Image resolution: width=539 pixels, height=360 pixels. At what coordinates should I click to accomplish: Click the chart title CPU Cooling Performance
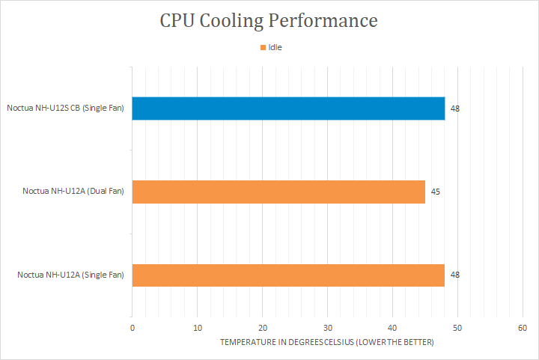[x=269, y=21]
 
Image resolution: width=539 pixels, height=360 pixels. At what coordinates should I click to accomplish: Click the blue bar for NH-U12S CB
[x=288, y=109]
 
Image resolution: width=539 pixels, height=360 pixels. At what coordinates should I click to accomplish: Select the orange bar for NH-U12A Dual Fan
[x=278, y=192]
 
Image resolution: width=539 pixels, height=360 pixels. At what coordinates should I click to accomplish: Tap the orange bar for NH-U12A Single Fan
[x=288, y=275]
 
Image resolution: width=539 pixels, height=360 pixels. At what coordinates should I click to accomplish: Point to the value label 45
[x=435, y=192]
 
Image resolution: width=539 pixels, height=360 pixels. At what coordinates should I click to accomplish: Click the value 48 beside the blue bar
[x=455, y=109]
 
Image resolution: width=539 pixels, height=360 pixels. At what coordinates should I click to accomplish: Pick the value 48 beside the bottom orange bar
[x=455, y=275]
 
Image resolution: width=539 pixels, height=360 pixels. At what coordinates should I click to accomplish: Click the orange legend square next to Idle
[x=263, y=48]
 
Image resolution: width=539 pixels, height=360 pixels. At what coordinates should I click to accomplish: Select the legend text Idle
[x=275, y=48]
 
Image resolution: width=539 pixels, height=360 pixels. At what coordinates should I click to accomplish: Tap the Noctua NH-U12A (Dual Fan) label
[x=73, y=192]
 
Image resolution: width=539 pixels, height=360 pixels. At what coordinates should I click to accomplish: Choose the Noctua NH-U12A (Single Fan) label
[x=70, y=275]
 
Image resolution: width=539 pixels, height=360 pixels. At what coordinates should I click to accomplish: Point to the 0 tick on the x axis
[x=133, y=328]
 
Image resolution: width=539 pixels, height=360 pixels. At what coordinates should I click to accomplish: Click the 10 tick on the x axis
[x=198, y=328]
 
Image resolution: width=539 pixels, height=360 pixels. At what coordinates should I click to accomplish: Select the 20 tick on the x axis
[x=263, y=328]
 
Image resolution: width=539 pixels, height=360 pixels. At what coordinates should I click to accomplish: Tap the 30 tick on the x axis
[x=327, y=328]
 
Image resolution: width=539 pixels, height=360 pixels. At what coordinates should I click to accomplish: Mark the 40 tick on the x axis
[x=392, y=328]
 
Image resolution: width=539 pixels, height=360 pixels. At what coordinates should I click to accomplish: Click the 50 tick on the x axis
[x=457, y=328]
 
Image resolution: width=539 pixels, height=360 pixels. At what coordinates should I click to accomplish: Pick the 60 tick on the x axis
[x=523, y=328]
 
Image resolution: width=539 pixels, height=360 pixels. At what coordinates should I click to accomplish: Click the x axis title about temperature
[x=327, y=342]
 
